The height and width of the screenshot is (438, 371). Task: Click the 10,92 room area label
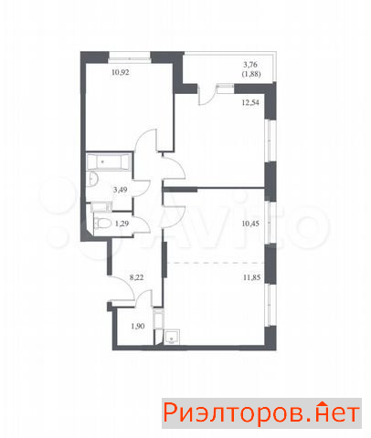pyautogui.click(x=121, y=72)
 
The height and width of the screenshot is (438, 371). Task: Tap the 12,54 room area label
pyautogui.click(x=250, y=102)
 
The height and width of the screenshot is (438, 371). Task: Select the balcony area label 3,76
pyautogui.click(x=250, y=65)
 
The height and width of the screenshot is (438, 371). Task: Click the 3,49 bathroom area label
pyautogui.click(x=120, y=190)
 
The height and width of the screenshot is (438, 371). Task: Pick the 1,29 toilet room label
pyautogui.click(x=122, y=224)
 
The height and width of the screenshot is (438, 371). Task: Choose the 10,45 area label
pyautogui.click(x=250, y=224)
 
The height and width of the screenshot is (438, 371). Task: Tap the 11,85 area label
pyautogui.click(x=251, y=277)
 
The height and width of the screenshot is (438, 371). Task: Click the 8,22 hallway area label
pyautogui.click(x=136, y=277)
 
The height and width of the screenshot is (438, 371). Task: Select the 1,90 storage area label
pyautogui.click(x=138, y=326)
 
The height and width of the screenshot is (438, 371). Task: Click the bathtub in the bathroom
pyautogui.click(x=109, y=162)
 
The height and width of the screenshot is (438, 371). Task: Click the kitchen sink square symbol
pyautogui.click(x=172, y=337)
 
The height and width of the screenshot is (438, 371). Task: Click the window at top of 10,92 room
pyautogui.click(x=130, y=57)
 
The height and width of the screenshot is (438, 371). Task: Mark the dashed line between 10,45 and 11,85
pyautogui.click(x=216, y=263)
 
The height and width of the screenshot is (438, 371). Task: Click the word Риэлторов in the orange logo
pyautogui.click(x=233, y=413)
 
